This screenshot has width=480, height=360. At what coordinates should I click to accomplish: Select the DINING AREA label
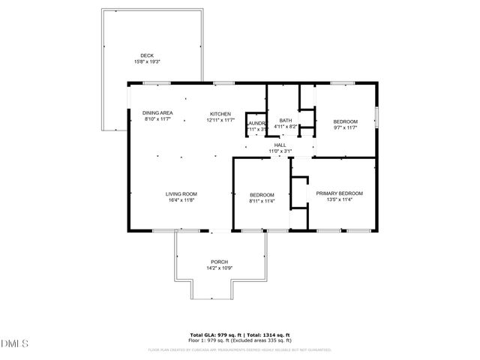[x=157, y=112]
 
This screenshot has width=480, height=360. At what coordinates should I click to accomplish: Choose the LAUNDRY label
[x=257, y=122]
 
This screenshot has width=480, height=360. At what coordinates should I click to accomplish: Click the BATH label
[x=285, y=121]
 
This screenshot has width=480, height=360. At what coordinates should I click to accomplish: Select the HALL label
[x=280, y=145]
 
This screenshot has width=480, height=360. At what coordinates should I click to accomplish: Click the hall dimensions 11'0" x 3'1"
[x=280, y=151]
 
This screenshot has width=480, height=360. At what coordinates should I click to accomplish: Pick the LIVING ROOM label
[x=181, y=193]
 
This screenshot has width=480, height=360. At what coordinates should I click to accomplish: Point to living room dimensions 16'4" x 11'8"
[x=181, y=200]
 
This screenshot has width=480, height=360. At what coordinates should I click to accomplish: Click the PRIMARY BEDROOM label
[x=339, y=193]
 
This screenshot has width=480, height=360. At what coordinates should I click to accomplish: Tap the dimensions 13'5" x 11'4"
[x=339, y=199]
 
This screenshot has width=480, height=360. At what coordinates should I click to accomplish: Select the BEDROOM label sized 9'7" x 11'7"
[x=345, y=121]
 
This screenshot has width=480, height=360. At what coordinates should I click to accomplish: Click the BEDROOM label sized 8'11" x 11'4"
[x=262, y=193]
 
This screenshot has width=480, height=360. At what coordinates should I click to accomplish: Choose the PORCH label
[x=219, y=262]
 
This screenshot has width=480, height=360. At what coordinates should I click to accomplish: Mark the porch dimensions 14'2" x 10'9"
[x=219, y=268]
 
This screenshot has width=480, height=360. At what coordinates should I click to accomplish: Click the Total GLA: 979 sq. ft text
[x=214, y=334]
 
